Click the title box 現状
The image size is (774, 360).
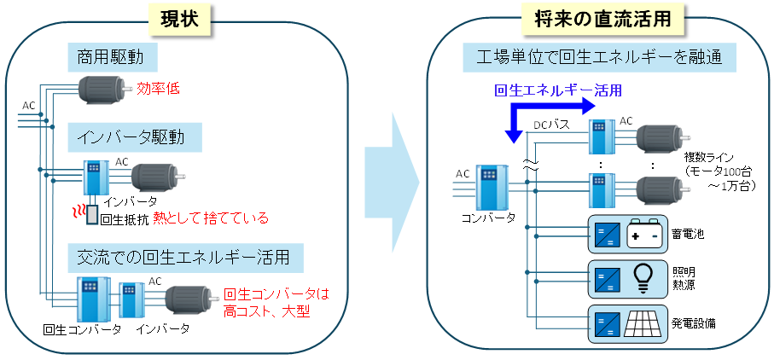(178, 20)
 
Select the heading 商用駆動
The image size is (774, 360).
(112, 58)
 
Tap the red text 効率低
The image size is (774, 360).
(159, 88)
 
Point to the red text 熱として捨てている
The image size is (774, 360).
(210, 218)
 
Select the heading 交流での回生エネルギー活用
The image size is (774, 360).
(177, 255)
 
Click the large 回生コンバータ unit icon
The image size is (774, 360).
(88, 299)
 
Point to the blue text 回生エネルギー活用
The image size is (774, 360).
(558, 89)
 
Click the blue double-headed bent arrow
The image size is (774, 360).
(546, 115)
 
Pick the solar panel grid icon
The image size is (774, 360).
(645, 323)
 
